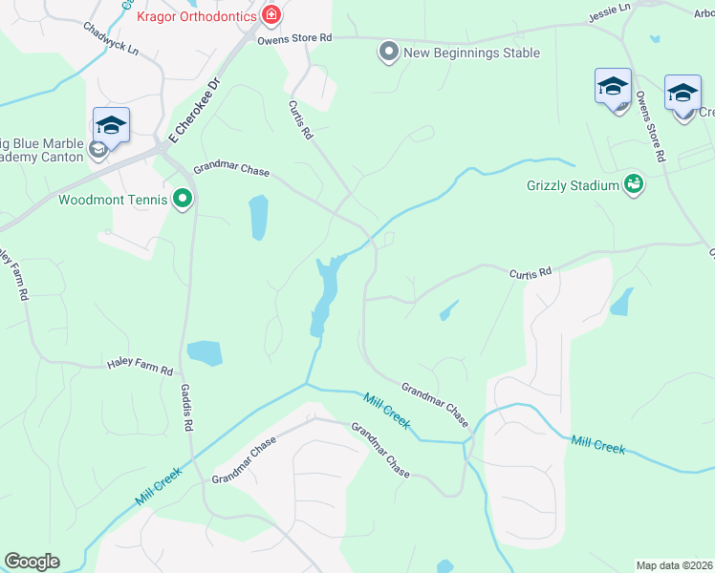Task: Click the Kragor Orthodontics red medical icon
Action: [271, 15]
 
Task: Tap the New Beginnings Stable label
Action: [471, 53]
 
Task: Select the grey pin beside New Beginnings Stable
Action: [388, 52]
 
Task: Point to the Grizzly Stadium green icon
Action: [633, 183]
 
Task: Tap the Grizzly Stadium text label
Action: [573, 185]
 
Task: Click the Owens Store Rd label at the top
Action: [293, 38]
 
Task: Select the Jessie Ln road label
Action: [612, 8]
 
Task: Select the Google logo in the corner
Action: [32, 562]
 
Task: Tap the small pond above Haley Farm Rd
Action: [205, 353]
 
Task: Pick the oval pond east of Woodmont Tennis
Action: [258, 218]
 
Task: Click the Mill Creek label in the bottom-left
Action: [159, 486]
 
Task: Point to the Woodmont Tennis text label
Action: [114, 201]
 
